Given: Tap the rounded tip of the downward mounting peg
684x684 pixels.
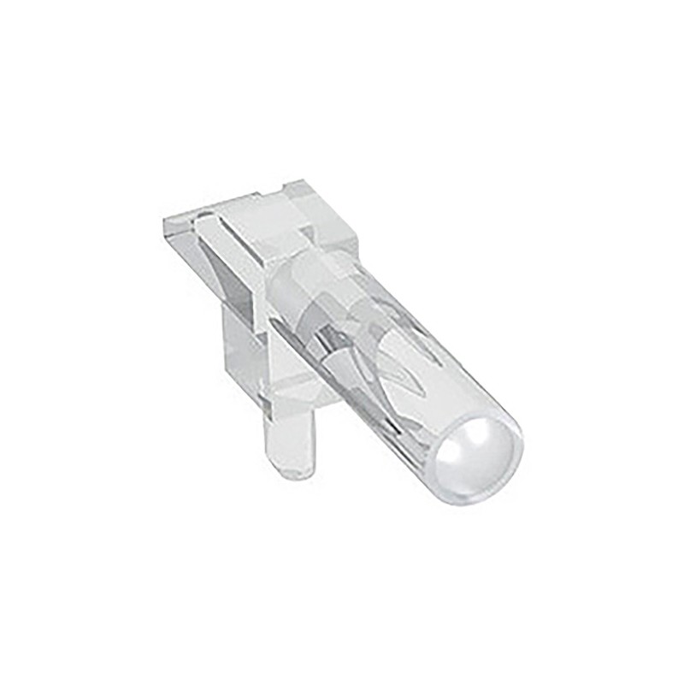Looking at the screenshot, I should coord(297,469).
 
